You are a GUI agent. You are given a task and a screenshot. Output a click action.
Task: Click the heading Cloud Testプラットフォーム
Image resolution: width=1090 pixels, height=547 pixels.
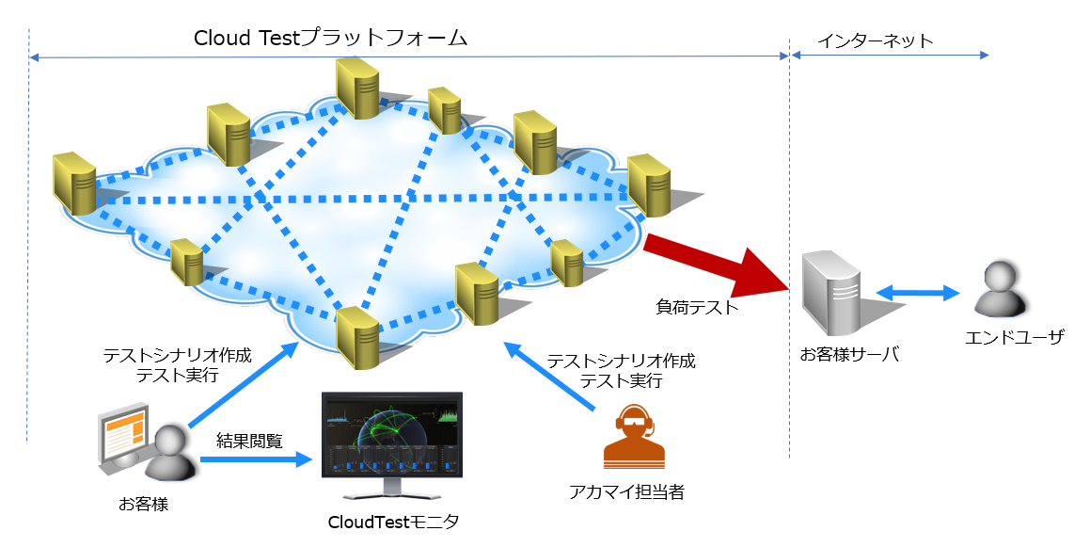point(330,38)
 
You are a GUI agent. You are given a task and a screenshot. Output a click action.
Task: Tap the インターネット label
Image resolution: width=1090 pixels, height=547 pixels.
point(875,40)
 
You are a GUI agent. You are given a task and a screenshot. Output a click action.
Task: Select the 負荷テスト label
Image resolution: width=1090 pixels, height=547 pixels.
point(697,307)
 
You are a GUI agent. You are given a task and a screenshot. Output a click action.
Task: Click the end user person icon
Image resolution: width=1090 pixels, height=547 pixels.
point(999,290)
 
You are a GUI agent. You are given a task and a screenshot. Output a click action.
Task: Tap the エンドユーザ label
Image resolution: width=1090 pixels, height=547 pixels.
point(1015,336)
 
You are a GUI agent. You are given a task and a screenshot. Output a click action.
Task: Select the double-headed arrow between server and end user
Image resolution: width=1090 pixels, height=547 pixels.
point(918,293)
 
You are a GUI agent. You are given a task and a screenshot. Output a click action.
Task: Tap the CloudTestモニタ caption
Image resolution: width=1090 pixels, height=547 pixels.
point(394,522)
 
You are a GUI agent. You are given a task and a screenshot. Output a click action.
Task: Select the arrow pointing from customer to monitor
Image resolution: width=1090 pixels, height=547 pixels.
point(254,459)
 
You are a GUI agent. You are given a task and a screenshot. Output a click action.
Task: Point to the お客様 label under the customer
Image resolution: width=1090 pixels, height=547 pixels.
point(143,505)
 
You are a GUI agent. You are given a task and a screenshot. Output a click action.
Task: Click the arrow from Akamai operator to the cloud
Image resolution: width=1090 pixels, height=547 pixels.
point(551,378)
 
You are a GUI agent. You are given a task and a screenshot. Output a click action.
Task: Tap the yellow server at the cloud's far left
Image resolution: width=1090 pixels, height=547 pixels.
point(74,182)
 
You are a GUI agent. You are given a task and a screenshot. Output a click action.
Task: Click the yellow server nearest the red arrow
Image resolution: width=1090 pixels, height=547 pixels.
point(649,185)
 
